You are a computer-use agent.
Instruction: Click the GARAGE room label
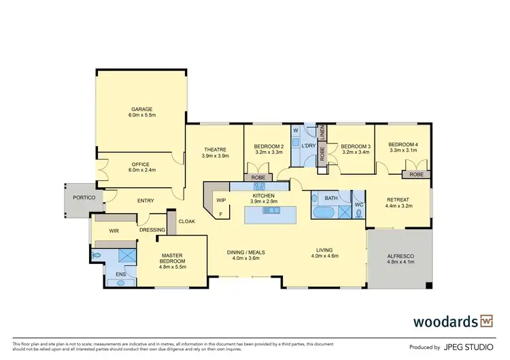[x=142, y=109]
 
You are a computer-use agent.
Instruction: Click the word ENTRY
[x=146, y=201]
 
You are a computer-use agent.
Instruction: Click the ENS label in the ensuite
[x=120, y=274]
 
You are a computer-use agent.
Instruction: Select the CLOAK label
[x=186, y=221]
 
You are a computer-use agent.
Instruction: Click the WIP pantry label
[x=221, y=200]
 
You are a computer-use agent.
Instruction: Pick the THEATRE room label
[x=216, y=149]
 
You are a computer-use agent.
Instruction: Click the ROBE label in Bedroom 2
[x=258, y=177]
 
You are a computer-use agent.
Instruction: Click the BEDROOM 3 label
[x=356, y=146]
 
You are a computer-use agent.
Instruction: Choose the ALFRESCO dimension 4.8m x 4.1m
[x=400, y=262]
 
